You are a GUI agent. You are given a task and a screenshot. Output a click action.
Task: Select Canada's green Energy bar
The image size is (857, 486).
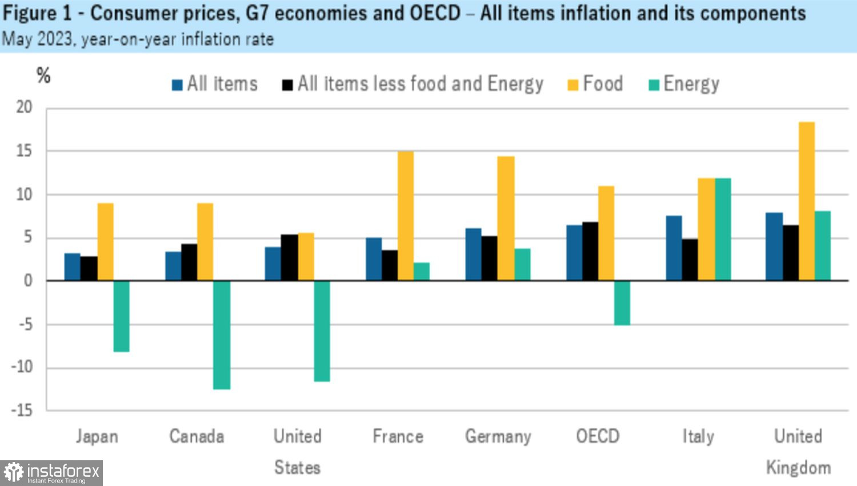222,335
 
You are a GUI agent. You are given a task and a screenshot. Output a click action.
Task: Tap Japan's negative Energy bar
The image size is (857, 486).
121,316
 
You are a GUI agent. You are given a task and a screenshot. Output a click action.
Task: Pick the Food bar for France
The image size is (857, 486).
406,216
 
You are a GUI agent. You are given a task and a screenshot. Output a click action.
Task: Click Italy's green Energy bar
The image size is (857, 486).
723,229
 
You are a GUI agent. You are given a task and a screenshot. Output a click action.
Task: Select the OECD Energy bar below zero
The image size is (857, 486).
622,303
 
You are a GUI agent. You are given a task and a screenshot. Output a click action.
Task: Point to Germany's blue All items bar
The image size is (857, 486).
474,254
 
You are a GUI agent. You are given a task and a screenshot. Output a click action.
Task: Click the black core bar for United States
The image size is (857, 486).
289,257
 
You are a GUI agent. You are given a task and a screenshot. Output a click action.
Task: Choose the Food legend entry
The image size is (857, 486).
595,84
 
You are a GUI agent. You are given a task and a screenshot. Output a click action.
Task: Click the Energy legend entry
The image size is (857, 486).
684,84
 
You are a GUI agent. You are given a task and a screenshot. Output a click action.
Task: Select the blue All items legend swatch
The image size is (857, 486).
177,85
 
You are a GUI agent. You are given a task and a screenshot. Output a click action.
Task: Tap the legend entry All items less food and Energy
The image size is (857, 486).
413,84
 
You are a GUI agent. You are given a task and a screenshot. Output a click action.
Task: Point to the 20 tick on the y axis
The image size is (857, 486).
24,107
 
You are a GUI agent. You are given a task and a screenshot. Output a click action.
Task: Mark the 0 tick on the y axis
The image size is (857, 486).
27,281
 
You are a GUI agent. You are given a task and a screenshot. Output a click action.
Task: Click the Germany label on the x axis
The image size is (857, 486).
498,436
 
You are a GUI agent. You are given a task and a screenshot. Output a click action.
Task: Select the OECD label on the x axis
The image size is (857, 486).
598,436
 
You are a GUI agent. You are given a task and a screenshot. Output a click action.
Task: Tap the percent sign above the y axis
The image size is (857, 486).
43,75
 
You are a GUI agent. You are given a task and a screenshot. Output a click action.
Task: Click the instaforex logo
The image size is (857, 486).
51,473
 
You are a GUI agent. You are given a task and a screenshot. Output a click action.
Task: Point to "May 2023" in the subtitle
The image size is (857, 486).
38,39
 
